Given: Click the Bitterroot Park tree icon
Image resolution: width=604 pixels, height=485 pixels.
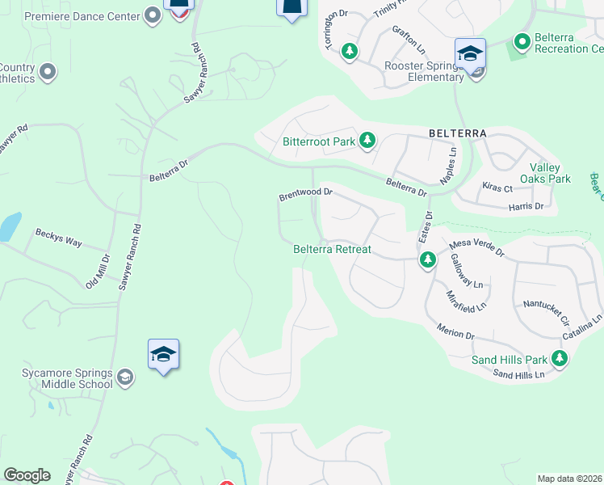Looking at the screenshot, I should click(x=367, y=141).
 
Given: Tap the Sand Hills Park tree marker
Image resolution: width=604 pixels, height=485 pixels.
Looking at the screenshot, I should click(x=559, y=358).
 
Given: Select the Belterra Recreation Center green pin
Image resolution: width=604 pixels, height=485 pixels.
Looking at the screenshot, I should click(x=522, y=40).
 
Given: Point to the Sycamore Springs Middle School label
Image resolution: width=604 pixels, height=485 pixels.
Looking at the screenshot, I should click(x=67, y=378).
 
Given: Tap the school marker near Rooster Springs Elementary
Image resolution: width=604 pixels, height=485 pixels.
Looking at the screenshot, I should click(x=470, y=54).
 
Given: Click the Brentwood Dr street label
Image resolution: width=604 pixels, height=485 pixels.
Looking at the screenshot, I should click(x=306, y=194).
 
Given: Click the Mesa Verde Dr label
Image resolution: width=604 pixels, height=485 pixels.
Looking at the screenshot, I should click(x=476, y=247).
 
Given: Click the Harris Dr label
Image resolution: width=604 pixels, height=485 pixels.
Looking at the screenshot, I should click(x=526, y=207).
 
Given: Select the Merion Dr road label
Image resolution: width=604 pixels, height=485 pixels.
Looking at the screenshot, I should click(x=455, y=331).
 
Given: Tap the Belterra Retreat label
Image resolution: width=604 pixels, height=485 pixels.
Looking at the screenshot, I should click(x=332, y=249).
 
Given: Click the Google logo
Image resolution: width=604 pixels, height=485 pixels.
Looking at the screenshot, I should click(x=27, y=475).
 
